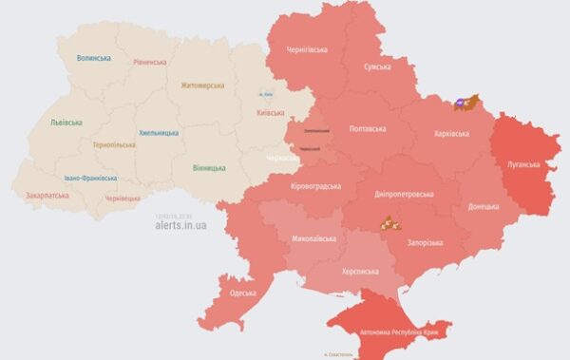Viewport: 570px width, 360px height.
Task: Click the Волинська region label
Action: tap(94, 58)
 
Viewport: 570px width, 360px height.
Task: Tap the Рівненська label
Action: tap(149, 63)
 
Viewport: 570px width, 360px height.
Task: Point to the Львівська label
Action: tap(66, 123)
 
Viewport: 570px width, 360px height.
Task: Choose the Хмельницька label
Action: tap(158, 133)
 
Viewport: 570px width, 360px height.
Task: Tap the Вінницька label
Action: tap(208, 168)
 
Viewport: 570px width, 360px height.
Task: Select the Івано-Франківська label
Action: tap(91, 178)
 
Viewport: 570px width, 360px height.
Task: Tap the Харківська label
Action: tap(450, 134)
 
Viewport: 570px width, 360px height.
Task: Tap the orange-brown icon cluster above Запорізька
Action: tap(389, 224)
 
